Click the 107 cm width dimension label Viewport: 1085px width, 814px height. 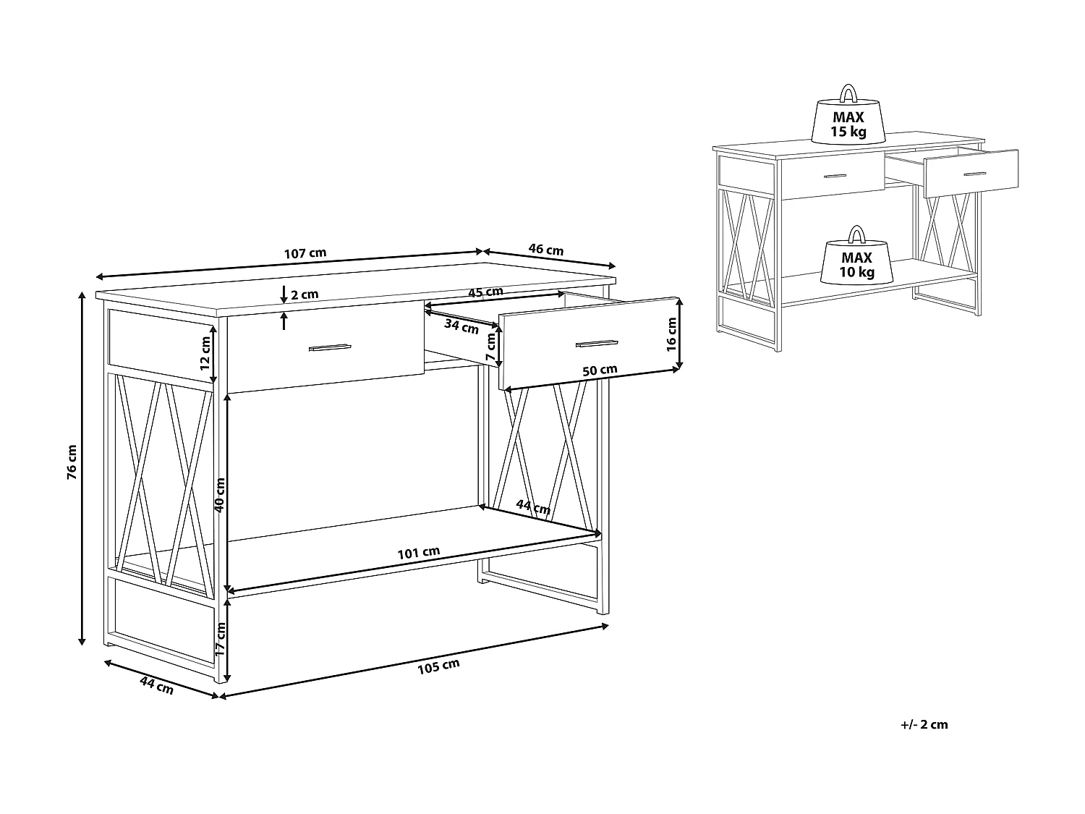point(305,253)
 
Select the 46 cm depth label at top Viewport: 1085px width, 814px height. point(546,250)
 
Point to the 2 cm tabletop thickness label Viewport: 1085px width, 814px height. point(305,294)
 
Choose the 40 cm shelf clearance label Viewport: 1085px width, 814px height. point(220,495)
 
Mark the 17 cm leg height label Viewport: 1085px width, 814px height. point(220,639)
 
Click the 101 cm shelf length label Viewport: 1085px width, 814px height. point(418,553)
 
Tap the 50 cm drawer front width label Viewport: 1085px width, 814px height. point(600,370)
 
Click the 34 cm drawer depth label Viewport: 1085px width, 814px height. point(461,326)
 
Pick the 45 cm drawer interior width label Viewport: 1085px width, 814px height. point(485,292)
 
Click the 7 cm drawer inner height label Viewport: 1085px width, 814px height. point(491,348)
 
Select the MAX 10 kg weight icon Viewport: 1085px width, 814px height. point(857,259)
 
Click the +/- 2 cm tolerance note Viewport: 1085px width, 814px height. point(924,724)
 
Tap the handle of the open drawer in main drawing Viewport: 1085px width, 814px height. point(596,342)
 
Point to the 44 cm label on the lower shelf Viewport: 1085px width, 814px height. point(533,507)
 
